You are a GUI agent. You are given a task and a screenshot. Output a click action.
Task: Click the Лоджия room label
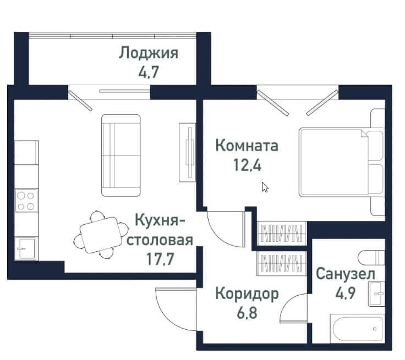tap(149, 54)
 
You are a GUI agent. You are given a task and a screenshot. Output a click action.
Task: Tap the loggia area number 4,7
tap(149, 72)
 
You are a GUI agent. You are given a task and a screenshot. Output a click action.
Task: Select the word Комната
tap(247, 146)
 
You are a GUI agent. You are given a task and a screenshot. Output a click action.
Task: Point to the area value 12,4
tap(247, 165)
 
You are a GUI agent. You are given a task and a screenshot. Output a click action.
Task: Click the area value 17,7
tap(160, 259)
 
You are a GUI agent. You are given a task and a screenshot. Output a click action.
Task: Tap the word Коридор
tap(247, 294)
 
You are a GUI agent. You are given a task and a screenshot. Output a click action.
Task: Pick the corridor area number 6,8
tap(247, 313)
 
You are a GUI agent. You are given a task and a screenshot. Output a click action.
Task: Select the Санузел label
tap(346, 274)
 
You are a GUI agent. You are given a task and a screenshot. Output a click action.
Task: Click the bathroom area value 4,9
tap(346, 293)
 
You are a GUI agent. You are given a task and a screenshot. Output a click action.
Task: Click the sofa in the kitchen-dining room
tap(121, 156)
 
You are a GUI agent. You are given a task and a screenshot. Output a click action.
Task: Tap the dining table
tap(101, 235)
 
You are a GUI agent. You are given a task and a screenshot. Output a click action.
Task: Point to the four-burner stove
tap(26, 201)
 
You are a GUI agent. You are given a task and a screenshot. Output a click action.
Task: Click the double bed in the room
tap(342, 162)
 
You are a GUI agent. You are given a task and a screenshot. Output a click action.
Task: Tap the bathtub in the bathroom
tap(358, 329)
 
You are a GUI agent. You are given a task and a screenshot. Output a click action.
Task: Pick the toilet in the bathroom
tap(371, 257)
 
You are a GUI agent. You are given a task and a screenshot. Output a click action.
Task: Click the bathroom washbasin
tap(376, 293)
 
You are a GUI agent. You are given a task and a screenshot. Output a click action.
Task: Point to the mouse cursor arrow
tap(265, 187)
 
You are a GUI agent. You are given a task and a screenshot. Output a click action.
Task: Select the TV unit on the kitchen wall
tap(187, 152)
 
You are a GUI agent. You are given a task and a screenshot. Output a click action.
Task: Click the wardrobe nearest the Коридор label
tap(282, 264)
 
